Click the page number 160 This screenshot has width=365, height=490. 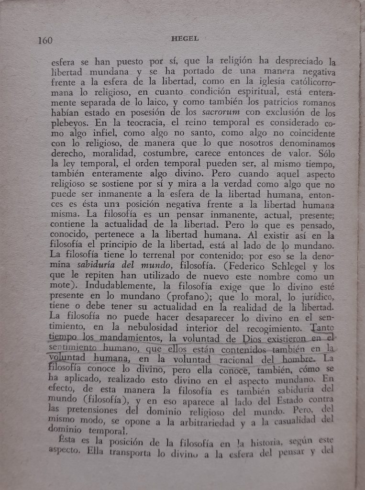coord(45,40)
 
